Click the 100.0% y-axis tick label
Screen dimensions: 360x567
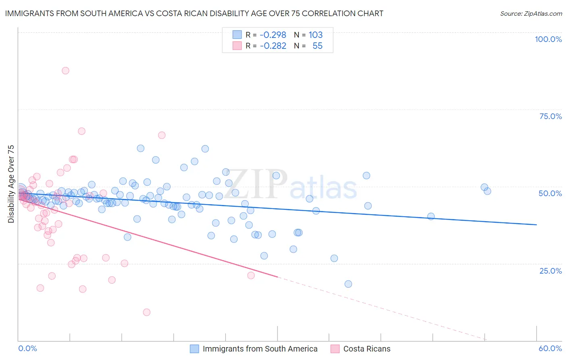pyautogui.click(x=548, y=39)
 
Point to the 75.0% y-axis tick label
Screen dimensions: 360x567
pyautogui.click(x=550, y=116)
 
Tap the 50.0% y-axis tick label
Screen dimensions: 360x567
pyautogui.click(x=550, y=193)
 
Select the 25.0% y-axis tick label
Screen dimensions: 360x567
pyautogui.click(x=550, y=270)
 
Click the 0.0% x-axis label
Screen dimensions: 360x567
pyautogui.click(x=27, y=348)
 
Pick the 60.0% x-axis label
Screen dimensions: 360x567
pyautogui.click(x=550, y=348)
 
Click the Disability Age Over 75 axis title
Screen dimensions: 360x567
pyautogui.click(x=11, y=184)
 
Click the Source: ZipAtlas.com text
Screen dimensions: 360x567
pyautogui.click(x=531, y=13)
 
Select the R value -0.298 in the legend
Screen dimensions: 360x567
pyautogui.click(x=273, y=35)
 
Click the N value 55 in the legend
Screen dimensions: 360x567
pyautogui.click(x=317, y=46)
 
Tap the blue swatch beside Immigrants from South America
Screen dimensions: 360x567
pyautogui.click(x=194, y=349)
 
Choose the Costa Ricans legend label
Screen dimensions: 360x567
pyautogui.click(x=367, y=349)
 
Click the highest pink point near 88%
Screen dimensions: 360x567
pyautogui.click(x=65, y=71)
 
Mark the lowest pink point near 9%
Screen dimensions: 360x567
pyautogui.click(x=147, y=312)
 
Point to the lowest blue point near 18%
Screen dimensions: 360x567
pyautogui.click(x=348, y=284)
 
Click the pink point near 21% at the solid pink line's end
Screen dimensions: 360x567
pyautogui.click(x=251, y=276)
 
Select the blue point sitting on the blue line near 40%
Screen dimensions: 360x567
pyautogui.click(x=431, y=216)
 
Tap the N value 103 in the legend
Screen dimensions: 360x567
pyautogui.click(x=315, y=35)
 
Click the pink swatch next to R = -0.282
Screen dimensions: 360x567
pyautogui.click(x=237, y=46)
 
